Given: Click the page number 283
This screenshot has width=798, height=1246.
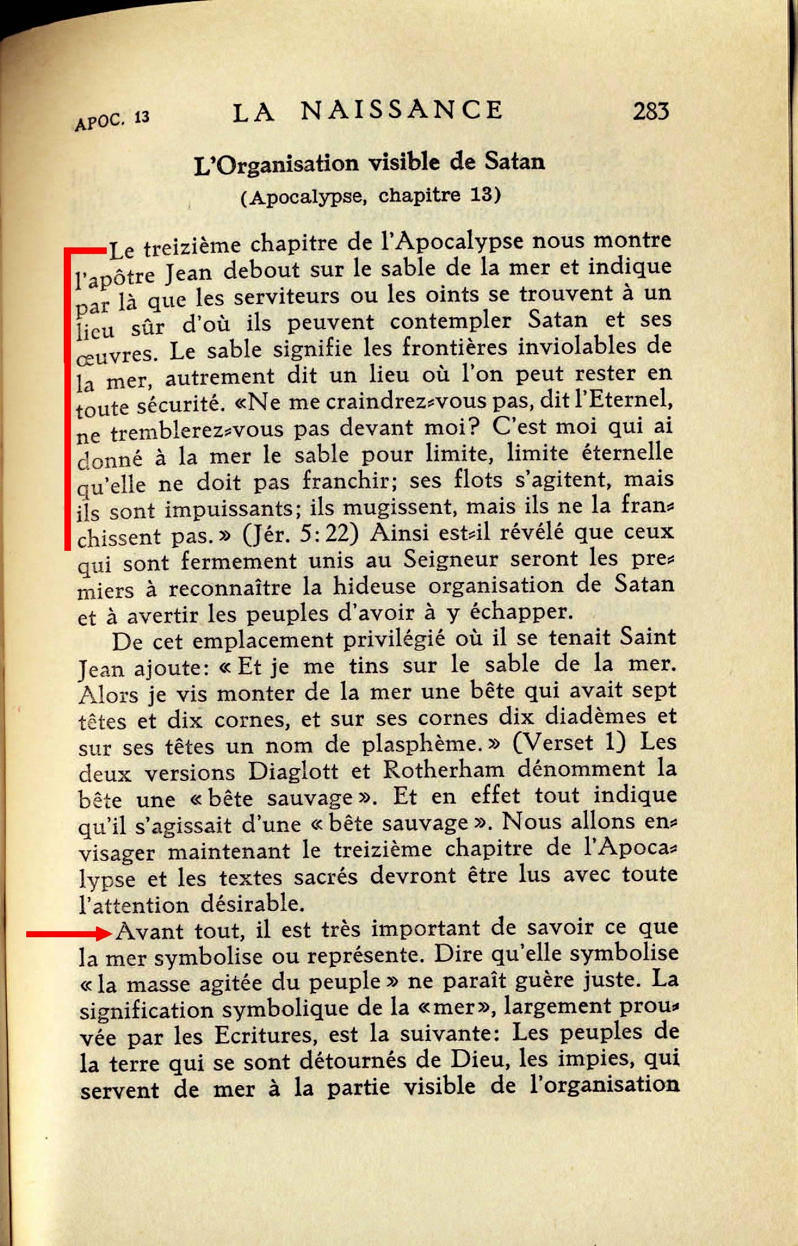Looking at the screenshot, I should click(x=651, y=111).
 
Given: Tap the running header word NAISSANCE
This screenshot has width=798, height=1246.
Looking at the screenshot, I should click(x=401, y=110).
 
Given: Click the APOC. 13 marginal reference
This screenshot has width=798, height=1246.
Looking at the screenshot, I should click(x=112, y=119).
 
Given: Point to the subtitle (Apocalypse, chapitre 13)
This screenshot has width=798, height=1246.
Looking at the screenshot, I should click(x=370, y=196).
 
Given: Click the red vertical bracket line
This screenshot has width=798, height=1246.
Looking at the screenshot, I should click(x=67, y=399).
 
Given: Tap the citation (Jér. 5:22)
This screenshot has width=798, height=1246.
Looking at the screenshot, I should click(x=301, y=534).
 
